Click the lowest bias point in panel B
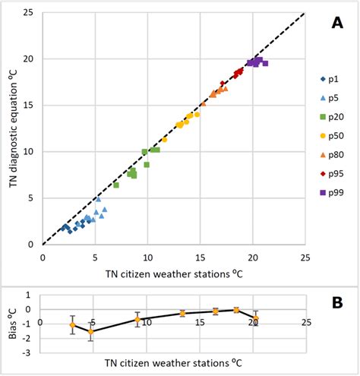tap(91, 331)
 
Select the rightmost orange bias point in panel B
tap(256, 318)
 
